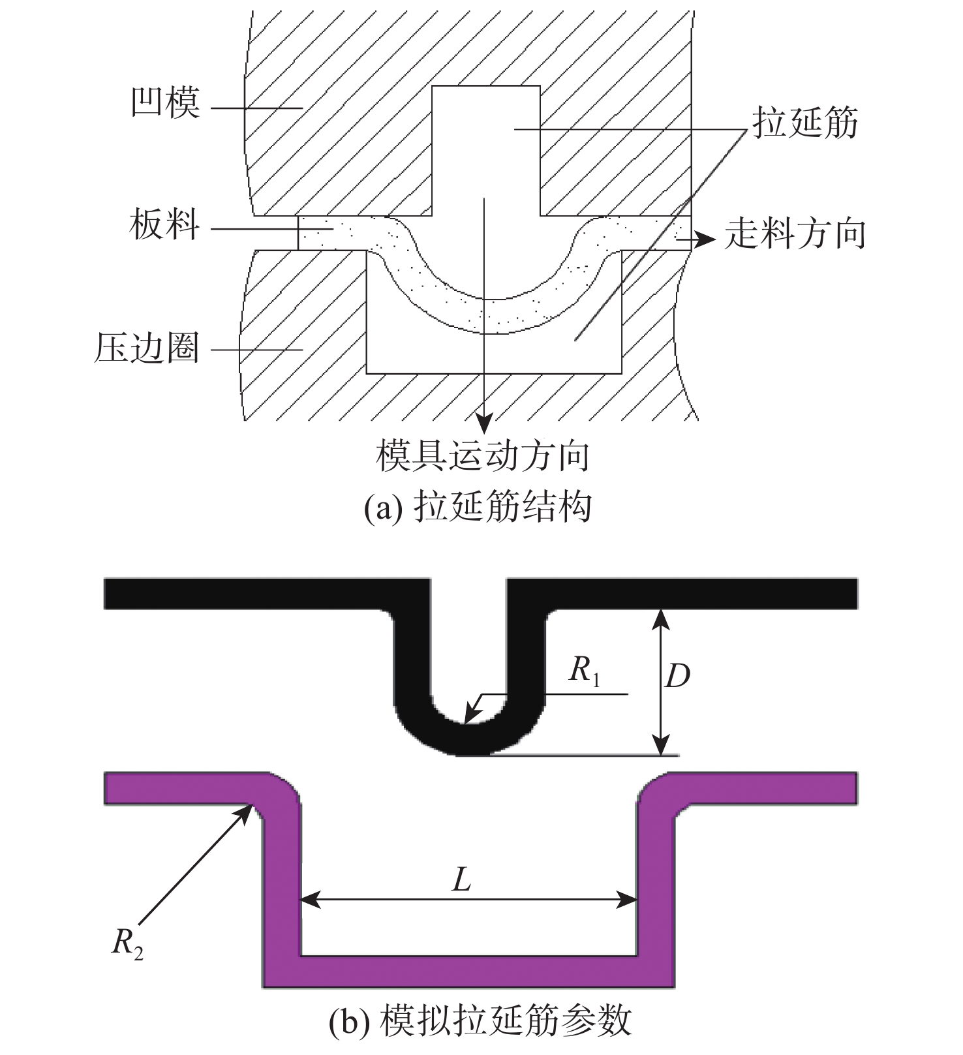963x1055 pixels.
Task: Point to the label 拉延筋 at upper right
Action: (805, 123)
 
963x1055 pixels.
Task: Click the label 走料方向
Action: (795, 234)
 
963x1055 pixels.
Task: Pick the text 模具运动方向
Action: (483, 456)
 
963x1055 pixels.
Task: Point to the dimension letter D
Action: (677, 677)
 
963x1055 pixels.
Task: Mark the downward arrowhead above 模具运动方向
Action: (483, 424)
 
